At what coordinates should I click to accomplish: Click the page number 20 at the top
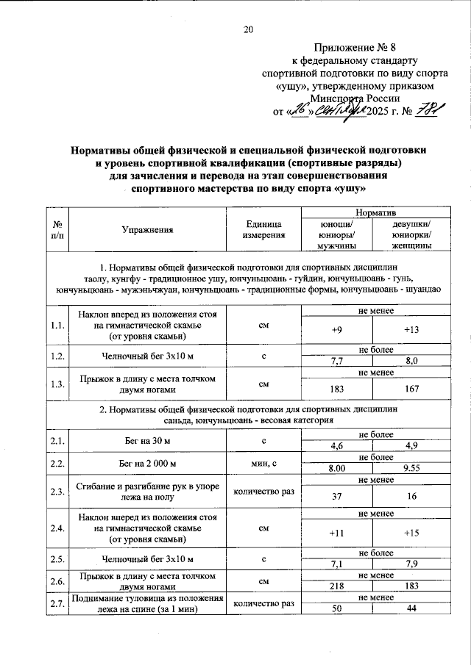coord(248,29)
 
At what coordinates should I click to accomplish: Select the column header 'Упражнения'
coord(147,229)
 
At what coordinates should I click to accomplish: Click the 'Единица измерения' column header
coord(263,229)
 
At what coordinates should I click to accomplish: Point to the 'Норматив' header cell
coord(372,212)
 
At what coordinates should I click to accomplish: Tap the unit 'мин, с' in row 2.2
coord(263,464)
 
